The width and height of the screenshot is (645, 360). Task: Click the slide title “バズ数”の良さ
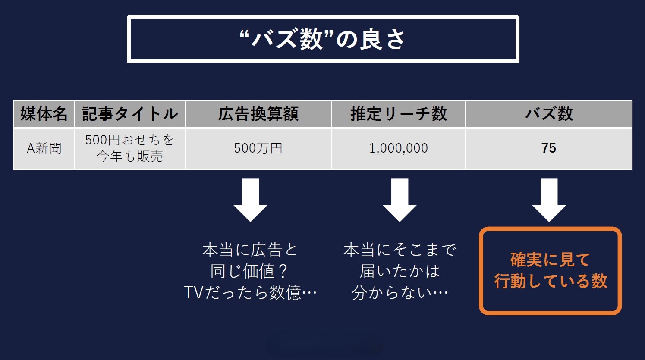pyautogui.click(x=323, y=39)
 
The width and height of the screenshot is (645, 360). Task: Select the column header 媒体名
pyautogui.click(x=44, y=114)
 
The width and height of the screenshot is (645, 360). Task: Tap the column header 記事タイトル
pyautogui.click(x=130, y=114)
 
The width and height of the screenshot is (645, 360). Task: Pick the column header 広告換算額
pyautogui.click(x=258, y=114)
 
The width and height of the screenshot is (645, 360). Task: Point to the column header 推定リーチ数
pyautogui.click(x=398, y=114)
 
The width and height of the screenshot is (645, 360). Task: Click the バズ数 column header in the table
pyautogui.click(x=548, y=114)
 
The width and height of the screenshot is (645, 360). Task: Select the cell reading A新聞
pyautogui.click(x=44, y=148)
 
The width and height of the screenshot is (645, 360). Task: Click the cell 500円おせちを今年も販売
pyautogui.click(x=129, y=148)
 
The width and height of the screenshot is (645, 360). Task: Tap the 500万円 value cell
pyautogui.click(x=258, y=148)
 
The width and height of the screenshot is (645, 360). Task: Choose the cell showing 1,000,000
pyautogui.click(x=398, y=148)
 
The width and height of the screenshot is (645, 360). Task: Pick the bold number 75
pyautogui.click(x=548, y=148)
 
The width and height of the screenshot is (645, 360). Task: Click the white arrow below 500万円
pyautogui.click(x=250, y=200)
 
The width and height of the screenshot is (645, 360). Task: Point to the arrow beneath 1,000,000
pyautogui.click(x=400, y=200)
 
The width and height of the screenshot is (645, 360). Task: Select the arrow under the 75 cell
pyautogui.click(x=549, y=200)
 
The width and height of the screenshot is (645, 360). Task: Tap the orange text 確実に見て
pyautogui.click(x=550, y=260)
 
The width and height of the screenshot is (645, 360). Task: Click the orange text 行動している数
pyautogui.click(x=551, y=281)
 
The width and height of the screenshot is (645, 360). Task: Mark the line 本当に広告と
pyautogui.click(x=250, y=250)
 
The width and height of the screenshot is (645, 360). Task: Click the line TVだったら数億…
pyautogui.click(x=250, y=293)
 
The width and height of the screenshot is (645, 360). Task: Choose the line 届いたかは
pyautogui.click(x=400, y=271)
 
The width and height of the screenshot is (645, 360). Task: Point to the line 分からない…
pyautogui.click(x=400, y=293)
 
